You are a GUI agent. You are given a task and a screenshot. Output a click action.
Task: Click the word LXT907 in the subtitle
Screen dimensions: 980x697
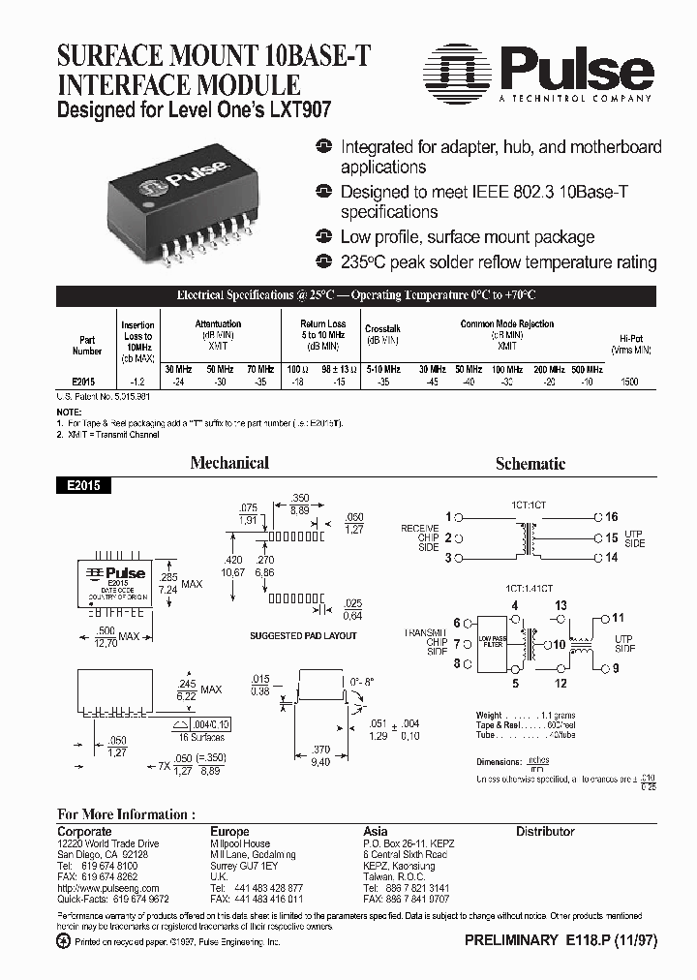(x=300, y=110)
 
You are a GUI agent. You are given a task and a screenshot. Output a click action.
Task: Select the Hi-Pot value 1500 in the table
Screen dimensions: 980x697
(x=629, y=383)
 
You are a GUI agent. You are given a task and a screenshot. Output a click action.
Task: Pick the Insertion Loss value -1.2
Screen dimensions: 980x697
(x=137, y=383)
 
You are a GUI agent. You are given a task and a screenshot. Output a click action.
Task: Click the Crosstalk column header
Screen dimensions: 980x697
(x=383, y=329)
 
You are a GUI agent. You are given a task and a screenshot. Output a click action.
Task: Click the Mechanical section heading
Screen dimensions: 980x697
(x=229, y=463)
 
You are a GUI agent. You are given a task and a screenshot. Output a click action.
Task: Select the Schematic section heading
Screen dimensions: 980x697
(x=530, y=464)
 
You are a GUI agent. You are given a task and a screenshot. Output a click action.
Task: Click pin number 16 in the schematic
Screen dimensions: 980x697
(x=611, y=517)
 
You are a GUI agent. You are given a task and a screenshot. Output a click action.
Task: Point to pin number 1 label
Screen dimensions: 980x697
(x=448, y=517)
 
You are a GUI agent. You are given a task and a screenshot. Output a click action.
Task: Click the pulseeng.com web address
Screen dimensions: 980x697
(x=108, y=888)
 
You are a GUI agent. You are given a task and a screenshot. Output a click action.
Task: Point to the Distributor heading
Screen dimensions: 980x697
(x=545, y=831)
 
